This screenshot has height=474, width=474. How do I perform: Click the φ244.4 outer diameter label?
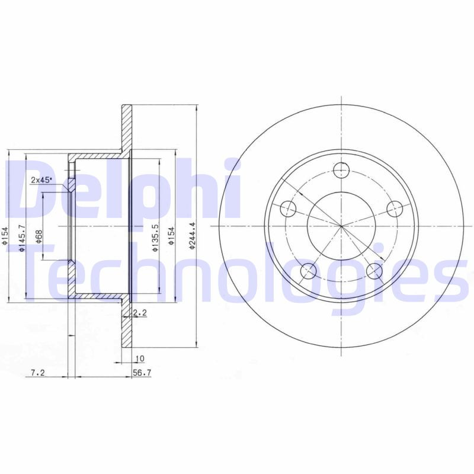[x=191, y=235]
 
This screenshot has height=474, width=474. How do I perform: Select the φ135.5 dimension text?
[x=155, y=238]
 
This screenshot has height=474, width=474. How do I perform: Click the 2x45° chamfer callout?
[x=41, y=180]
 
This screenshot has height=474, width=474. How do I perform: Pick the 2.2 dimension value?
[x=140, y=312]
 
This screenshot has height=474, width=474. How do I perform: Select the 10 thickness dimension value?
[x=140, y=358]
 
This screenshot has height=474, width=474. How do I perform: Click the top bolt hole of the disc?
[x=341, y=171]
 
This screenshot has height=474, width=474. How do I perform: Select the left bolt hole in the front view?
[x=288, y=209]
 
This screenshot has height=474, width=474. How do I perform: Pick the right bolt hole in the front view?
[x=395, y=209]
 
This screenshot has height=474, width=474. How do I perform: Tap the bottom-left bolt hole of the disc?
[x=308, y=271]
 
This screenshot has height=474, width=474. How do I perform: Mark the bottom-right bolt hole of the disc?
[x=374, y=271]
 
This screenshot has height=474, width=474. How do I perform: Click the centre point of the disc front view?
[x=341, y=226]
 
